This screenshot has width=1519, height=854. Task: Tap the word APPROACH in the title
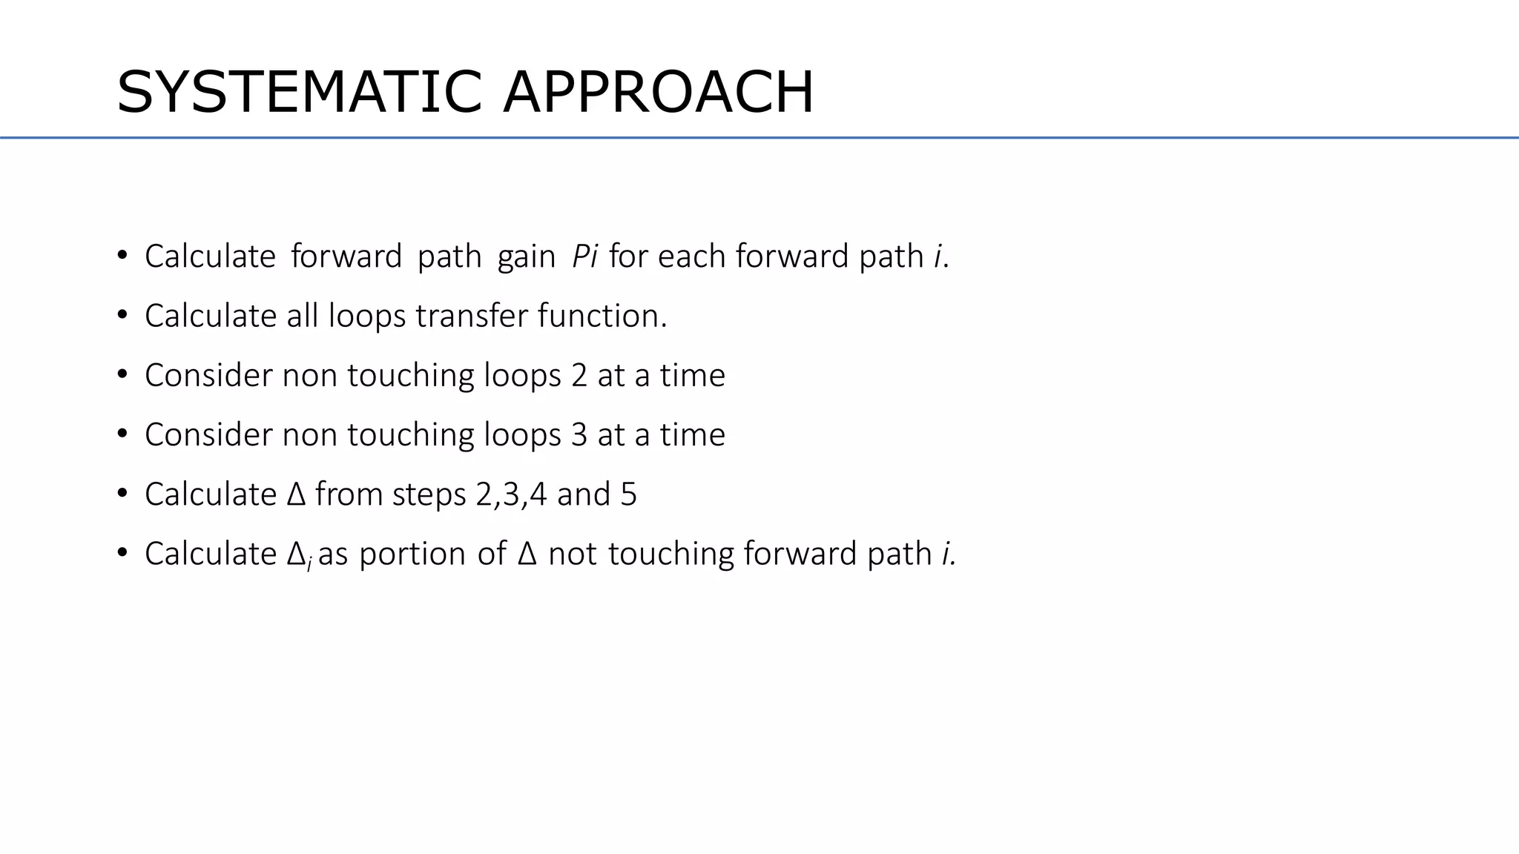[x=658, y=93]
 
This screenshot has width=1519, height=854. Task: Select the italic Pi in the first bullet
[x=584, y=256]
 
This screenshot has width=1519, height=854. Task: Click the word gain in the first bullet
[x=526, y=257]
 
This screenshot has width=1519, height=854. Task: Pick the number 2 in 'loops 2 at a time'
[x=579, y=375]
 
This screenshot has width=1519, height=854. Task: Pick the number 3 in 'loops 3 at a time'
[x=579, y=434]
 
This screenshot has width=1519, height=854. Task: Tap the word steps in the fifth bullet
[x=429, y=494]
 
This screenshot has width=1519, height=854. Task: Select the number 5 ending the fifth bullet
[x=628, y=494]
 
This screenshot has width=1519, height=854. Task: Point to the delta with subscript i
[x=297, y=555]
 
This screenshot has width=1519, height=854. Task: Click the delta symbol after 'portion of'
[x=527, y=554]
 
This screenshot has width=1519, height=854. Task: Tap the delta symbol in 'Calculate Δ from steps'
[x=295, y=494]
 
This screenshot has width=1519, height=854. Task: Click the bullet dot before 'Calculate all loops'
[x=122, y=315]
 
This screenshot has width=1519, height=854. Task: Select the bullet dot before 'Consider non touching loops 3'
[x=122, y=434]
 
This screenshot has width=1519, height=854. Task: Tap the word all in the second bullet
[x=303, y=316]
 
